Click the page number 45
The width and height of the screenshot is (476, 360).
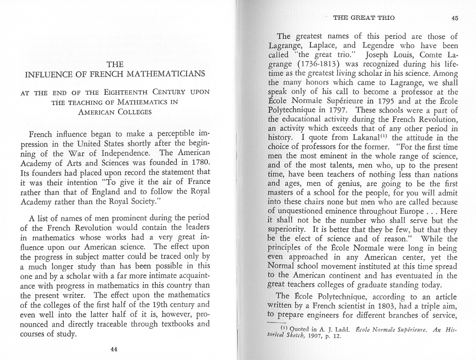click(455, 17)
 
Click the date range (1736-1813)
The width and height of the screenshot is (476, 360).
click(313, 64)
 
